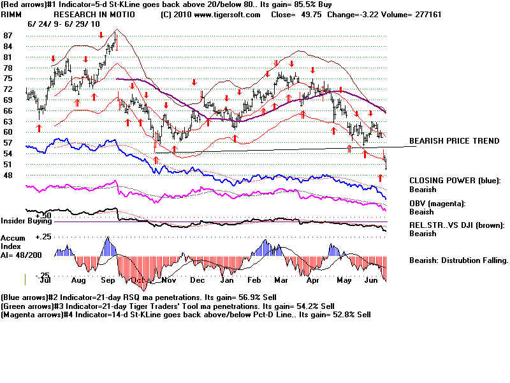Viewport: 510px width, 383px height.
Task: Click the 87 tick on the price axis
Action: click(x=8, y=35)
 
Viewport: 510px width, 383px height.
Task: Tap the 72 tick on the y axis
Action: click(x=8, y=89)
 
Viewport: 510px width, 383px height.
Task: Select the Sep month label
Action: click(x=108, y=280)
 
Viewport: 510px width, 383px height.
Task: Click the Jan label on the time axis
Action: click(x=226, y=280)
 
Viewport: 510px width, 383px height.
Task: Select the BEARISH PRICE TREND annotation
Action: click(x=454, y=141)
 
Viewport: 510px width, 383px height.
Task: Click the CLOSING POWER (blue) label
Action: click(x=455, y=181)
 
